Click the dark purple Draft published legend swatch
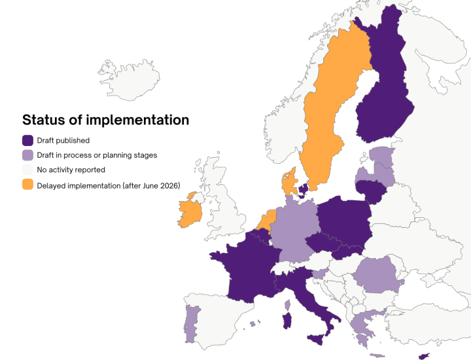tap(28, 140)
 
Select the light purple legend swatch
tap(28, 155)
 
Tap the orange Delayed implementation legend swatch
tap(28, 185)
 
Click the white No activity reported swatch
tap(28, 170)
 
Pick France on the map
tap(242, 268)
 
